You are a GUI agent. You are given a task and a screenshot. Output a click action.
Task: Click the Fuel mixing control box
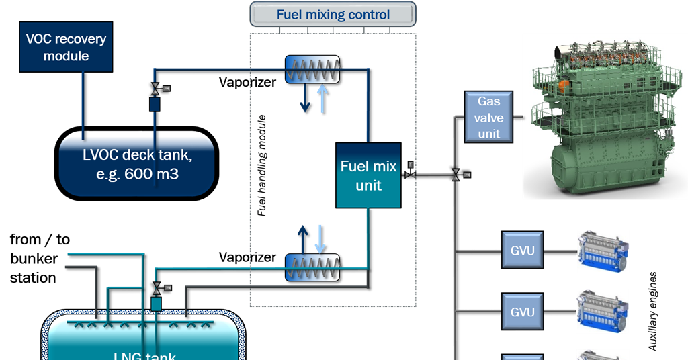click(x=333, y=14)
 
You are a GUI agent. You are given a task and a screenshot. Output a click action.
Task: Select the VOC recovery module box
click(x=66, y=48)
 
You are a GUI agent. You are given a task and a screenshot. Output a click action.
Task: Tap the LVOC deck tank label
click(x=136, y=163)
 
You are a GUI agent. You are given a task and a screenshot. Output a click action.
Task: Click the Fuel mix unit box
click(x=368, y=175)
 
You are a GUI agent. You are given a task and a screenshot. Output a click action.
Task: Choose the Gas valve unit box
click(x=488, y=118)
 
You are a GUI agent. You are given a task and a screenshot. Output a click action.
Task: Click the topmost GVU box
click(x=522, y=251)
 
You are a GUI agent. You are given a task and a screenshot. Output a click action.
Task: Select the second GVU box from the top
click(x=522, y=312)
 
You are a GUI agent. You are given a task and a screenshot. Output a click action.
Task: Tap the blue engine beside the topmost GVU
click(x=603, y=251)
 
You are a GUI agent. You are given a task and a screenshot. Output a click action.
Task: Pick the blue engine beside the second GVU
click(x=603, y=311)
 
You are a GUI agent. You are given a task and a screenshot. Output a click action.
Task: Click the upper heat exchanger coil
click(x=312, y=69)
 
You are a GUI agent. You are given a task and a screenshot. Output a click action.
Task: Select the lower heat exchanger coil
click(x=312, y=267)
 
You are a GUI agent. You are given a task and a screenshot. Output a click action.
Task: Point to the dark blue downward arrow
click(x=305, y=99)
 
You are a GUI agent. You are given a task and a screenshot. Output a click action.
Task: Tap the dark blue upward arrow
click(x=302, y=238)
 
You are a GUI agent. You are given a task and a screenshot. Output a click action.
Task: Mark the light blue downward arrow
click(x=320, y=238)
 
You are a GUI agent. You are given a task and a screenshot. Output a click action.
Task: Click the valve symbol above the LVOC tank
click(x=155, y=89)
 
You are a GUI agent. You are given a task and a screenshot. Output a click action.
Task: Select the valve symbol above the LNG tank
click(x=156, y=287)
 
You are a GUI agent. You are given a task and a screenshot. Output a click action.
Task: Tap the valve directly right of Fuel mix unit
click(x=409, y=175)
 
